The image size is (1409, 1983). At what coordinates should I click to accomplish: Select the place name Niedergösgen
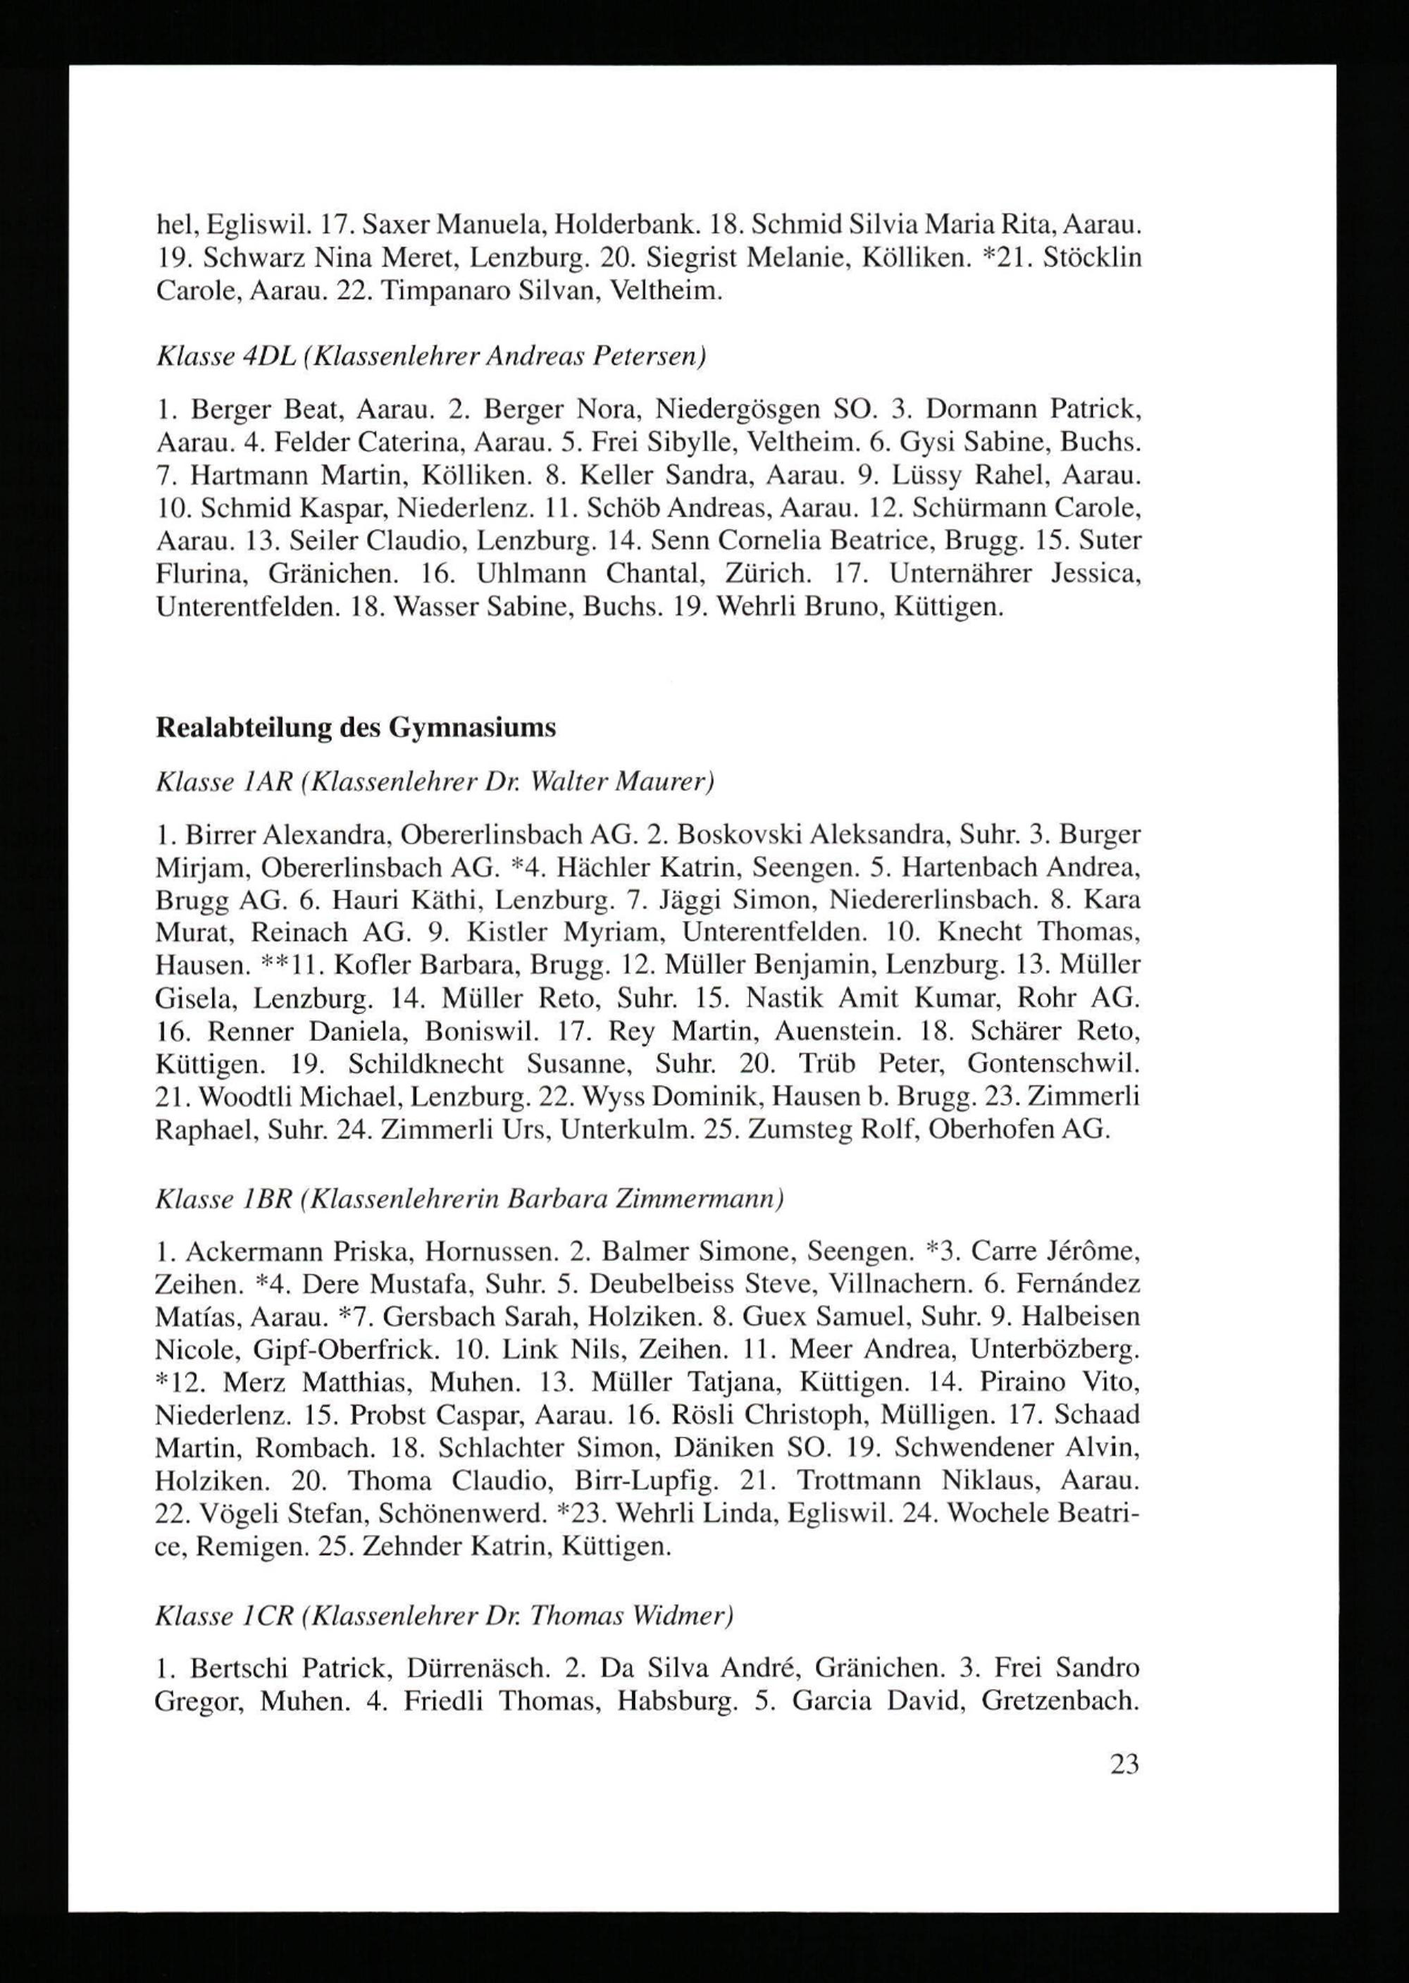pyautogui.click(x=738, y=408)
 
